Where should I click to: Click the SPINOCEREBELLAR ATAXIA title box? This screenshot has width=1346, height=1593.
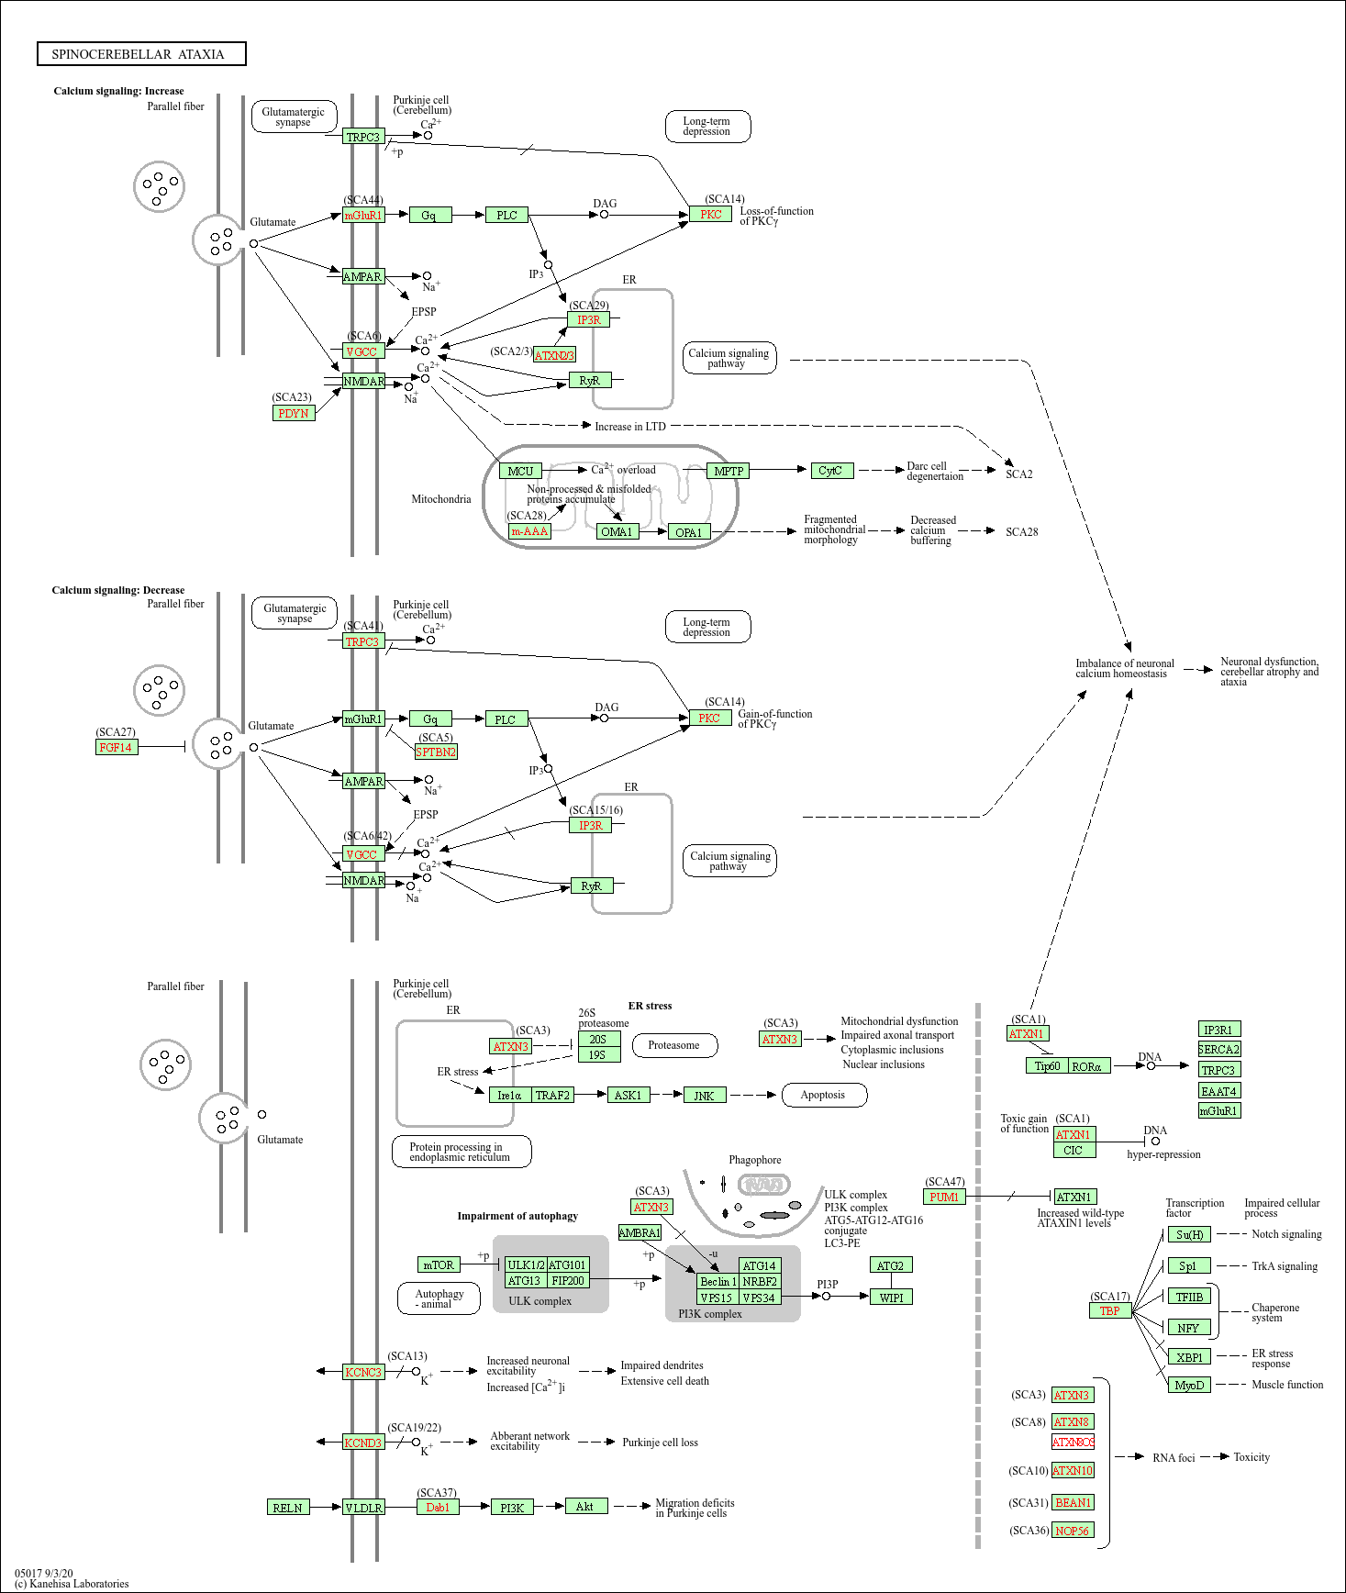[x=141, y=54]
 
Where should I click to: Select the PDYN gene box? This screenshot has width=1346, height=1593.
[x=294, y=413]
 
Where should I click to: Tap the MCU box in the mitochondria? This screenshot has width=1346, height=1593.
[x=520, y=471]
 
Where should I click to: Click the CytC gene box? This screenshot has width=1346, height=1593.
[x=831, y=471]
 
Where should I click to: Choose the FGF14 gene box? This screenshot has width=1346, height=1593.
[x=117, y=747]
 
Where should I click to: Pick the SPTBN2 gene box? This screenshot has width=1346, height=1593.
[x=436, y=752]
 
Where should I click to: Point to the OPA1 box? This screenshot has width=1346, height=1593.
[x=688, y=532]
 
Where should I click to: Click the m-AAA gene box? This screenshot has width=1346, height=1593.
[x=529, y=531]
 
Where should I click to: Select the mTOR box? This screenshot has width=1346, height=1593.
[x=439, y=1264]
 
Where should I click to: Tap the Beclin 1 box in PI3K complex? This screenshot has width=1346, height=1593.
[x=717, y=1281]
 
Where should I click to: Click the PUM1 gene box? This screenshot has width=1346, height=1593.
[x=944, y=1197]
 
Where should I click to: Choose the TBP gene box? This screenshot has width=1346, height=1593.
[x=1110, y=1310]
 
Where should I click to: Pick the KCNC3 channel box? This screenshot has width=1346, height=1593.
[x=363, y=1372]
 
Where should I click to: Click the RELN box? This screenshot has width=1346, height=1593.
[x=288, y=1507]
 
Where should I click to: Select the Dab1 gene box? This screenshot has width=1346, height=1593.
[x=439, y=1507]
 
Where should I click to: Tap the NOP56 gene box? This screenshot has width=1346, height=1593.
[x=1072, y=1530]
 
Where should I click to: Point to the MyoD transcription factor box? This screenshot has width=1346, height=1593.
[x=1189, y=1385]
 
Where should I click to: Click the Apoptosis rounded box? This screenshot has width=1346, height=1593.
[x=823, y=1095]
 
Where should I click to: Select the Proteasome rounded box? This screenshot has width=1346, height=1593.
[x=673, y=1045]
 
